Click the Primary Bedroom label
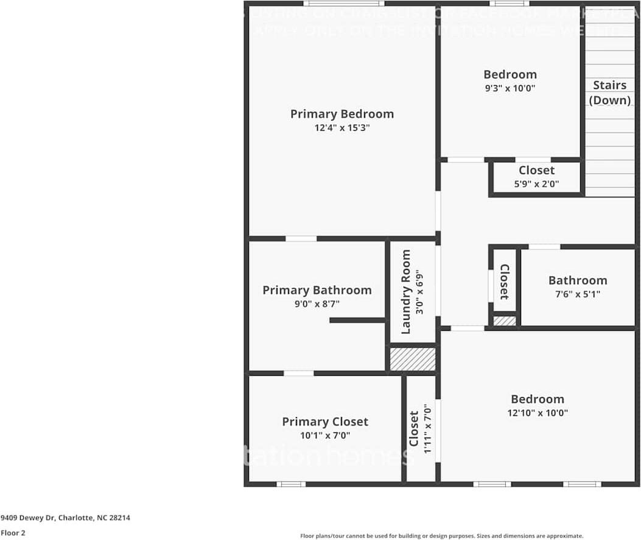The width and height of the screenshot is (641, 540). (x=342, y=114)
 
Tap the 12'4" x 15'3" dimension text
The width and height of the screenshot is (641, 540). (x=342, y=128)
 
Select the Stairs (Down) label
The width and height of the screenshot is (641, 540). (x=610, y=92)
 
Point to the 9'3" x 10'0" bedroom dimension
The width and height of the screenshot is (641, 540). (x=510, y=88)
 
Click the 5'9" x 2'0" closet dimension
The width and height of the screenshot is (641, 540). (x=536, y=184)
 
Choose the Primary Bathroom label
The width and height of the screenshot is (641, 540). (x=317, y=290)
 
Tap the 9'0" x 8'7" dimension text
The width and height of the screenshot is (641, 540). (x=317, y=304)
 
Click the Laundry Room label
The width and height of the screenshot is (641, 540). (x=406, y=292)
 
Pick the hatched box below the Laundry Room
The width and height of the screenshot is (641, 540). (x=413, y=359)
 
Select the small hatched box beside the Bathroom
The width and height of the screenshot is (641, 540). (x=504, y=320)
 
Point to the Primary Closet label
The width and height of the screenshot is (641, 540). (x=324, y=421)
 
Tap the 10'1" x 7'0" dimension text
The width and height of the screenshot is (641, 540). (x=324, y=435)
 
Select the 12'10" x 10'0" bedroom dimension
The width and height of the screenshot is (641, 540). (x=537, y=413)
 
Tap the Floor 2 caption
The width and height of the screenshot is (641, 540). (x=13, y=533)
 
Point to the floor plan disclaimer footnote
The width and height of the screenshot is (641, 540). (x=441, y=536)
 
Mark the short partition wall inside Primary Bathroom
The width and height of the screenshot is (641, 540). (x=357, y=320)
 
